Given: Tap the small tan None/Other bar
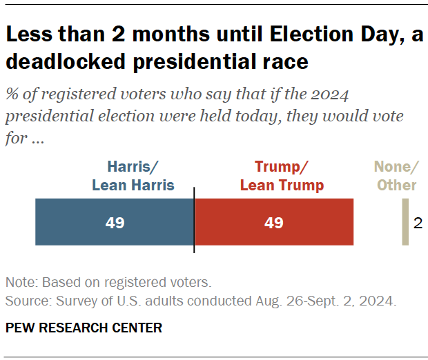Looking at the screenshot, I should pos(406,222).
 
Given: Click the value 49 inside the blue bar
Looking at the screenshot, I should pos(115,223).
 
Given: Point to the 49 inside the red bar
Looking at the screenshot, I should pos(274,223).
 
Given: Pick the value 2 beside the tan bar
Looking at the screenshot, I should pos(418,223).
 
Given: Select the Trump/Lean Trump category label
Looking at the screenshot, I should pos(281,176).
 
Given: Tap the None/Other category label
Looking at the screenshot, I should pos(396,176).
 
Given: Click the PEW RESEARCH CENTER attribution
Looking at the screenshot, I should pos(84,328).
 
